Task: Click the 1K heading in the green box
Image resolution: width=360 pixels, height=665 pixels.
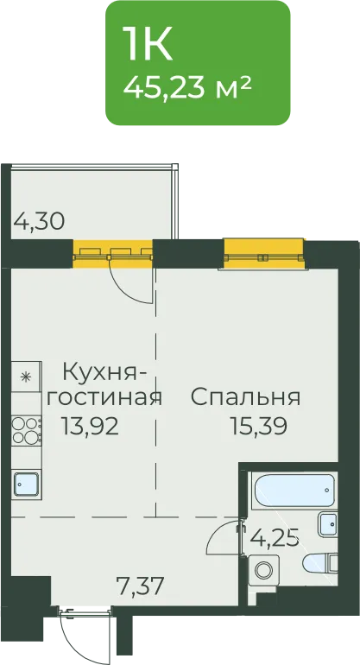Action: (147, 44)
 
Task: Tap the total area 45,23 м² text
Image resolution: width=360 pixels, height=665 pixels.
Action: (187, 87)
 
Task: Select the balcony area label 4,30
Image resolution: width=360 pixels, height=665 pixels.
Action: (39, 221)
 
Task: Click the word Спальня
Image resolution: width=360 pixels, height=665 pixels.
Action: (246, 397)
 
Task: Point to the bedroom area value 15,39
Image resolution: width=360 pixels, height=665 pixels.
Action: (258, 426)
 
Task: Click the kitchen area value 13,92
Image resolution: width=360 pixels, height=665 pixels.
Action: (90, 426)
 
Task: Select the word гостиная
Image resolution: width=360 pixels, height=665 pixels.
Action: (104, 398)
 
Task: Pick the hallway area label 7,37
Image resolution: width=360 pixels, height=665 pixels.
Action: (140, 587)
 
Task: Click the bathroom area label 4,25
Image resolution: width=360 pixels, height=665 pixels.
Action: (275, 539)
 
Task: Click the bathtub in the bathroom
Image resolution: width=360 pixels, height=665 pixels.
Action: (293, 491)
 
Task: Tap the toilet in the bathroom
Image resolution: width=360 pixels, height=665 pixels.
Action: (320, 563)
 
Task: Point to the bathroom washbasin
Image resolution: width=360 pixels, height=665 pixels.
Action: (327, 524)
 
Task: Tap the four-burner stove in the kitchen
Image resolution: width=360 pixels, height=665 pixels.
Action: (26, 430)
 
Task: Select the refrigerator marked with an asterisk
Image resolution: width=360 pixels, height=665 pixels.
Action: (26, 377)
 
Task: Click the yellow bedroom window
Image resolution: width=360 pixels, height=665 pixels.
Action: (264, 254)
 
